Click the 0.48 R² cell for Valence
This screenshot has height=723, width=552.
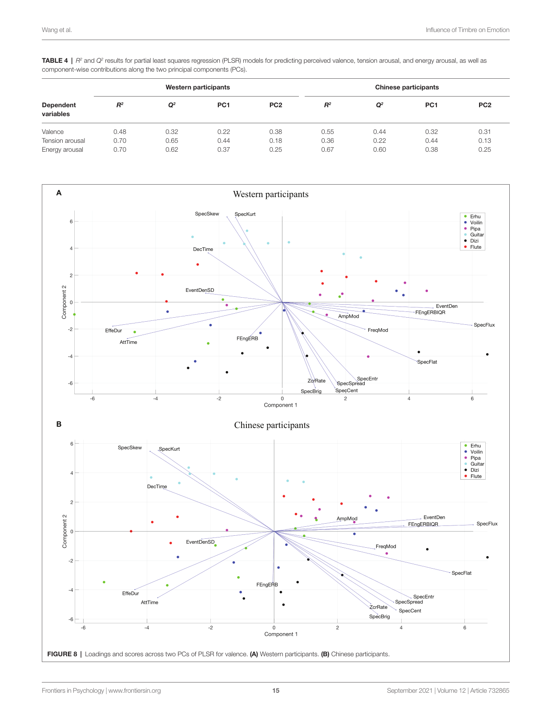point(120,132)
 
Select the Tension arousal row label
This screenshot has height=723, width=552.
point(63,141)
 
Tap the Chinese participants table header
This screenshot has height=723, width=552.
point(407,87)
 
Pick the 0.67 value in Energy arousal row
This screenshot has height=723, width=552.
point(327,149)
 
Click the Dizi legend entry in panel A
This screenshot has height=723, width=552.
point(474,241)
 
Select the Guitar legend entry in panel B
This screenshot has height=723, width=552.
point(477,464)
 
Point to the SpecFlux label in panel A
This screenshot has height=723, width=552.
point(484,325)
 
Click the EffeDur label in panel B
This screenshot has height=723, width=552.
point(130,594)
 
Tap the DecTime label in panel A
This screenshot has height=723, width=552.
point(203,249)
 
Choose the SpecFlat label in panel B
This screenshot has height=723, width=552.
point(461,573)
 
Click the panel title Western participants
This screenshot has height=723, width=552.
point(270,194)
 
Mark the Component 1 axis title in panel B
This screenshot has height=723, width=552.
point(281,634)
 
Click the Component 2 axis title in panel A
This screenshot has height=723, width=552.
point(64,302)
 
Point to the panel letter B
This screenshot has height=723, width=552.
point(59,424)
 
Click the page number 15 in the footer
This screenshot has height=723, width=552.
point(276,691)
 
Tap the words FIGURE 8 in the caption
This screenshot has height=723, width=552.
point(62,654)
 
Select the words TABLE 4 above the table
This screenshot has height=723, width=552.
point(55,61)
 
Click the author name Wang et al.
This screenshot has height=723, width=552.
point(56,30)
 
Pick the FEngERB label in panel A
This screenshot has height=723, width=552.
point(247,339)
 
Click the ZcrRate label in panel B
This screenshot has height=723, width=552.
point(378,607)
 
